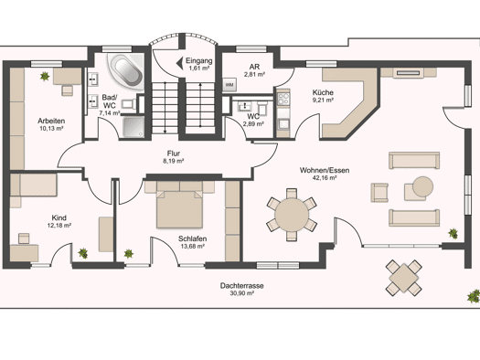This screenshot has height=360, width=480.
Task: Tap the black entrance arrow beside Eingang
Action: pos(180,63)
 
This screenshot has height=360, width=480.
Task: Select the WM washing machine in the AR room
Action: pos(229,84)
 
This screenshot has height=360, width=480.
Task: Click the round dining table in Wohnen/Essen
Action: pos(292,215)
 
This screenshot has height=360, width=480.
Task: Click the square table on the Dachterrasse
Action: pos(404,278)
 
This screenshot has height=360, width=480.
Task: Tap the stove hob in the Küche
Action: pos(283,99)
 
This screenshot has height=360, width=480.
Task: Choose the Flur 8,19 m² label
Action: pos(174,157)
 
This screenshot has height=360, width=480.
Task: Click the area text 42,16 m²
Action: pos(325,178)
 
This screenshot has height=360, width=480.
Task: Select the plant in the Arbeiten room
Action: pos(45,76)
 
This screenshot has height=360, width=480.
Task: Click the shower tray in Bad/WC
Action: pos(133,127)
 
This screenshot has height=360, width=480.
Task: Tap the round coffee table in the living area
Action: pos(422,186)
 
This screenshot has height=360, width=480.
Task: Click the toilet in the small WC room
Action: pos(262,107)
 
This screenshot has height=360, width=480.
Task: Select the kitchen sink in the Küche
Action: pos(283,124)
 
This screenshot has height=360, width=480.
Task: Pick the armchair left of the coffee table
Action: pos(379,193)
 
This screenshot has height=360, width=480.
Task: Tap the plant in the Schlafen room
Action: pos(129,254)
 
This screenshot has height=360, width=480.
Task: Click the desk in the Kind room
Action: pos(24,253)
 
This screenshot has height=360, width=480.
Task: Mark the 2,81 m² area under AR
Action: pos(254,74)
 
